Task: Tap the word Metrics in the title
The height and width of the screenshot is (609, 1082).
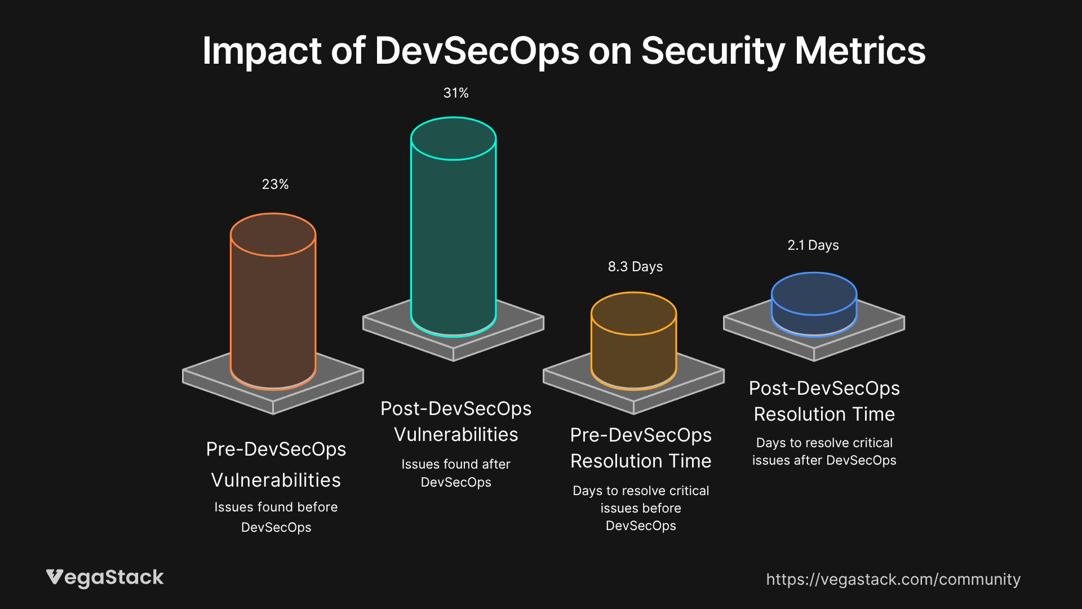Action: [x=860, y=51]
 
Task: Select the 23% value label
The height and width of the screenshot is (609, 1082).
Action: [x=275, y=184]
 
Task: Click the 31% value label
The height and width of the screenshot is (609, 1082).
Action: [x=456, y=93]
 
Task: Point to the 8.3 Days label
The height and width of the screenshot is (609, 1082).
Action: [x=635, y=267]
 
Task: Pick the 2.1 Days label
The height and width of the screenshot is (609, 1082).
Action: [x=813, y=245]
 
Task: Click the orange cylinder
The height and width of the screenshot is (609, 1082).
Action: [x=273, y=316]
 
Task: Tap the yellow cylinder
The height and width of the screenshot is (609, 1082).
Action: [x=633, y=355]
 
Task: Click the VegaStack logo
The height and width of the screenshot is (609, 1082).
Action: [x=105, y=577]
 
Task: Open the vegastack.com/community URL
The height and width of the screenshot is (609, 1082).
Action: [x=893, y=579]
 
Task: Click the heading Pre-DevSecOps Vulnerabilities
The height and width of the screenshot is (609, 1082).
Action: [x=276, y=465]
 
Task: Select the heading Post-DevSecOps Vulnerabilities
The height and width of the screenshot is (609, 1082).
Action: [x=456, y=421]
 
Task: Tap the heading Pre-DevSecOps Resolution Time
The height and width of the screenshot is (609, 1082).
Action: [x=641, y=448]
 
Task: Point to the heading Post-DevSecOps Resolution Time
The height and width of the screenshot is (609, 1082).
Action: [x=824, y=401]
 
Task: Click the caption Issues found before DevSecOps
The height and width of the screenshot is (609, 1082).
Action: [x=276, y=517]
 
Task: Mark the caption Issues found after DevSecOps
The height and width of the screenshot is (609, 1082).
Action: [x=456, y=473]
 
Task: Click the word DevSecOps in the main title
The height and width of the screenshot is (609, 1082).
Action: [x=477, y=51]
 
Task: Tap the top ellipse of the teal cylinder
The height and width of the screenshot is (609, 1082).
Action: [x=453, y=139]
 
